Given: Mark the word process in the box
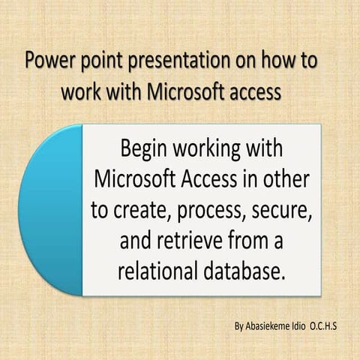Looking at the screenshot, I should (207, 212).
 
